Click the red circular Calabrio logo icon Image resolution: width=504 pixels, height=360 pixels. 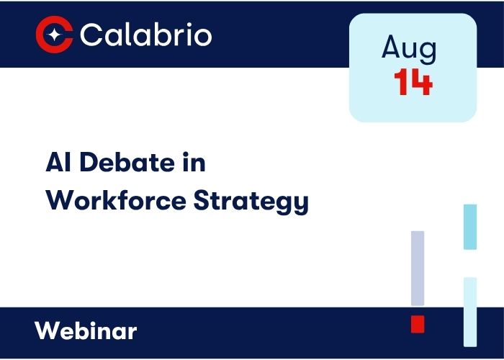click(x=55, y=35)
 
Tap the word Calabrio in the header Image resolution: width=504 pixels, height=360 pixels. click(x=146, y=35)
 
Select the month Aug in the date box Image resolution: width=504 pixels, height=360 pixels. click(x=409, y=48)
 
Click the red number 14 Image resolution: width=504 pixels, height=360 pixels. click(x=413, y=84)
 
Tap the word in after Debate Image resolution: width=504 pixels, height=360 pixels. click(x=186, y=163)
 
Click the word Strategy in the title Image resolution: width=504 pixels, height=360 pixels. click(x=251, y=202)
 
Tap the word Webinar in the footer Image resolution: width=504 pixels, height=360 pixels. click(x=86, y=331)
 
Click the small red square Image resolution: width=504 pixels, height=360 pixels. click(x=418, y=324)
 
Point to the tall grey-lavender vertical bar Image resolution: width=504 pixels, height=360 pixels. click(x=418, y=268)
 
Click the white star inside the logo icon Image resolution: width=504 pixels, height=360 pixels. click(x=55, y=35)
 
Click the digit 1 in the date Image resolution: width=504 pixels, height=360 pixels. click(x=402, y=84)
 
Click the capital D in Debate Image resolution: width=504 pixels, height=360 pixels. click(x=86, y=163)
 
